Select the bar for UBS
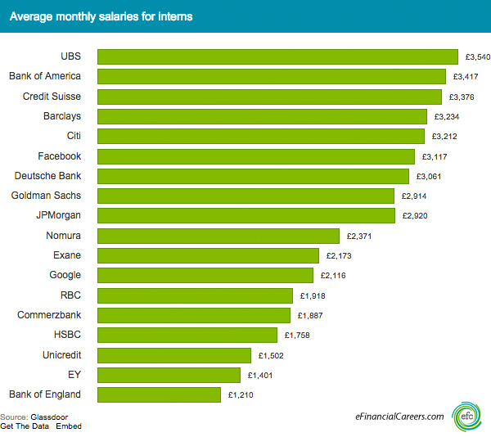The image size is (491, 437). (277, 56)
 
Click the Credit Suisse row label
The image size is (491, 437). (51, 96)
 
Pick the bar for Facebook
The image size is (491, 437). (256, 156)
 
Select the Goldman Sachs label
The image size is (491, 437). (46, 196)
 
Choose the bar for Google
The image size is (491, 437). (205, 276)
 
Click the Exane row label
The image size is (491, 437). (67, 255)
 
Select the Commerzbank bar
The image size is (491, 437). (194, 315)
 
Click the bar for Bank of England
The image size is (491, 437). (159, 394)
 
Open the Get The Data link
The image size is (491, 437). (25, 426)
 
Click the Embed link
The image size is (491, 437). (68, 426)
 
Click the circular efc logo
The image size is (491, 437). (467, 416)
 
